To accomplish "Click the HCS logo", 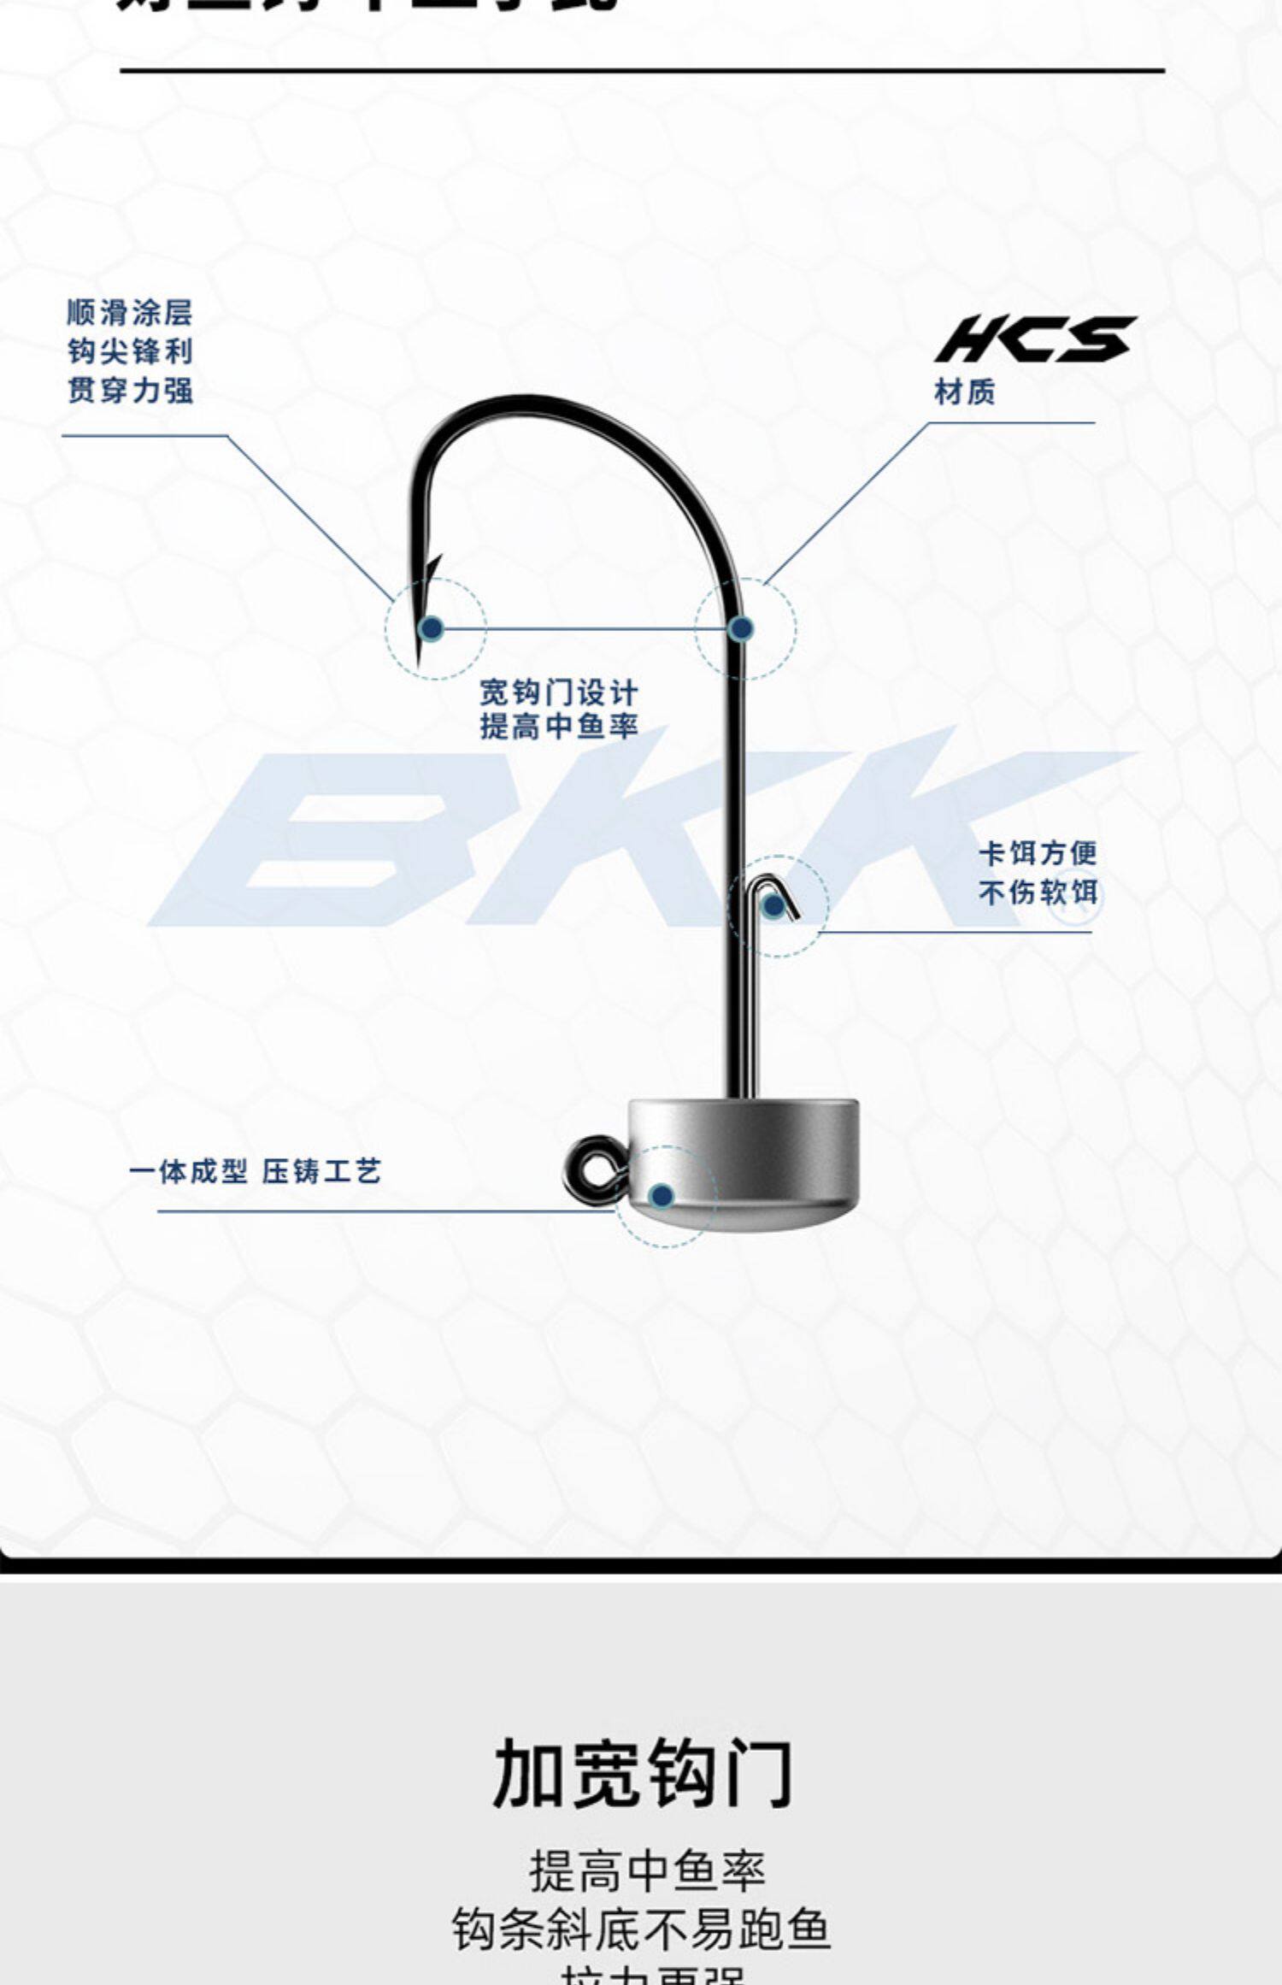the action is pos(1035,339).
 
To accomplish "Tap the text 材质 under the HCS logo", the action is pos(965,392).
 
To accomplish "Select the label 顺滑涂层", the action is pos(130,313).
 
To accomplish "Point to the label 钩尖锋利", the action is pos(130,351).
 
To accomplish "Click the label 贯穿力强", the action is pos(130,391).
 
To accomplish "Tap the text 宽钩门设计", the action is pos(558,692).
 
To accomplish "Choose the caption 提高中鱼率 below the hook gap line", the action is pos(558,727).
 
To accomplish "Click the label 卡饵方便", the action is pos(1038,852).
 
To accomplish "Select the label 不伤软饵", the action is pos(1038,892).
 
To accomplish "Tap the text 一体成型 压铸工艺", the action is pos(255,1171).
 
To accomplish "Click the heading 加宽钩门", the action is pos(642,1774).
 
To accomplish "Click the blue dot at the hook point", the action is pos(432,629).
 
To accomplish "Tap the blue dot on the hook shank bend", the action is pos(741,629).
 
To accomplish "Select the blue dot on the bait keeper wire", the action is pos(773,906).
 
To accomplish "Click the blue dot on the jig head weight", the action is pos(661,1196).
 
